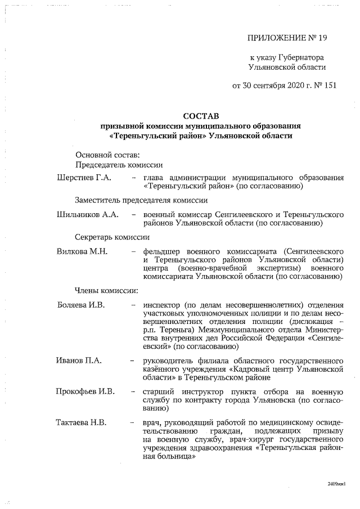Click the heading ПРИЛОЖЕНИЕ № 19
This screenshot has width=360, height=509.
coord(287,38)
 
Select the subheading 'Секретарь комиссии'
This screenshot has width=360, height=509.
coord(112,237)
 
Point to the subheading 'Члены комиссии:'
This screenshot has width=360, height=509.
coord(106,291)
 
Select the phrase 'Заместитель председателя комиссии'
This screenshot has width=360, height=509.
coord(141,200)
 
